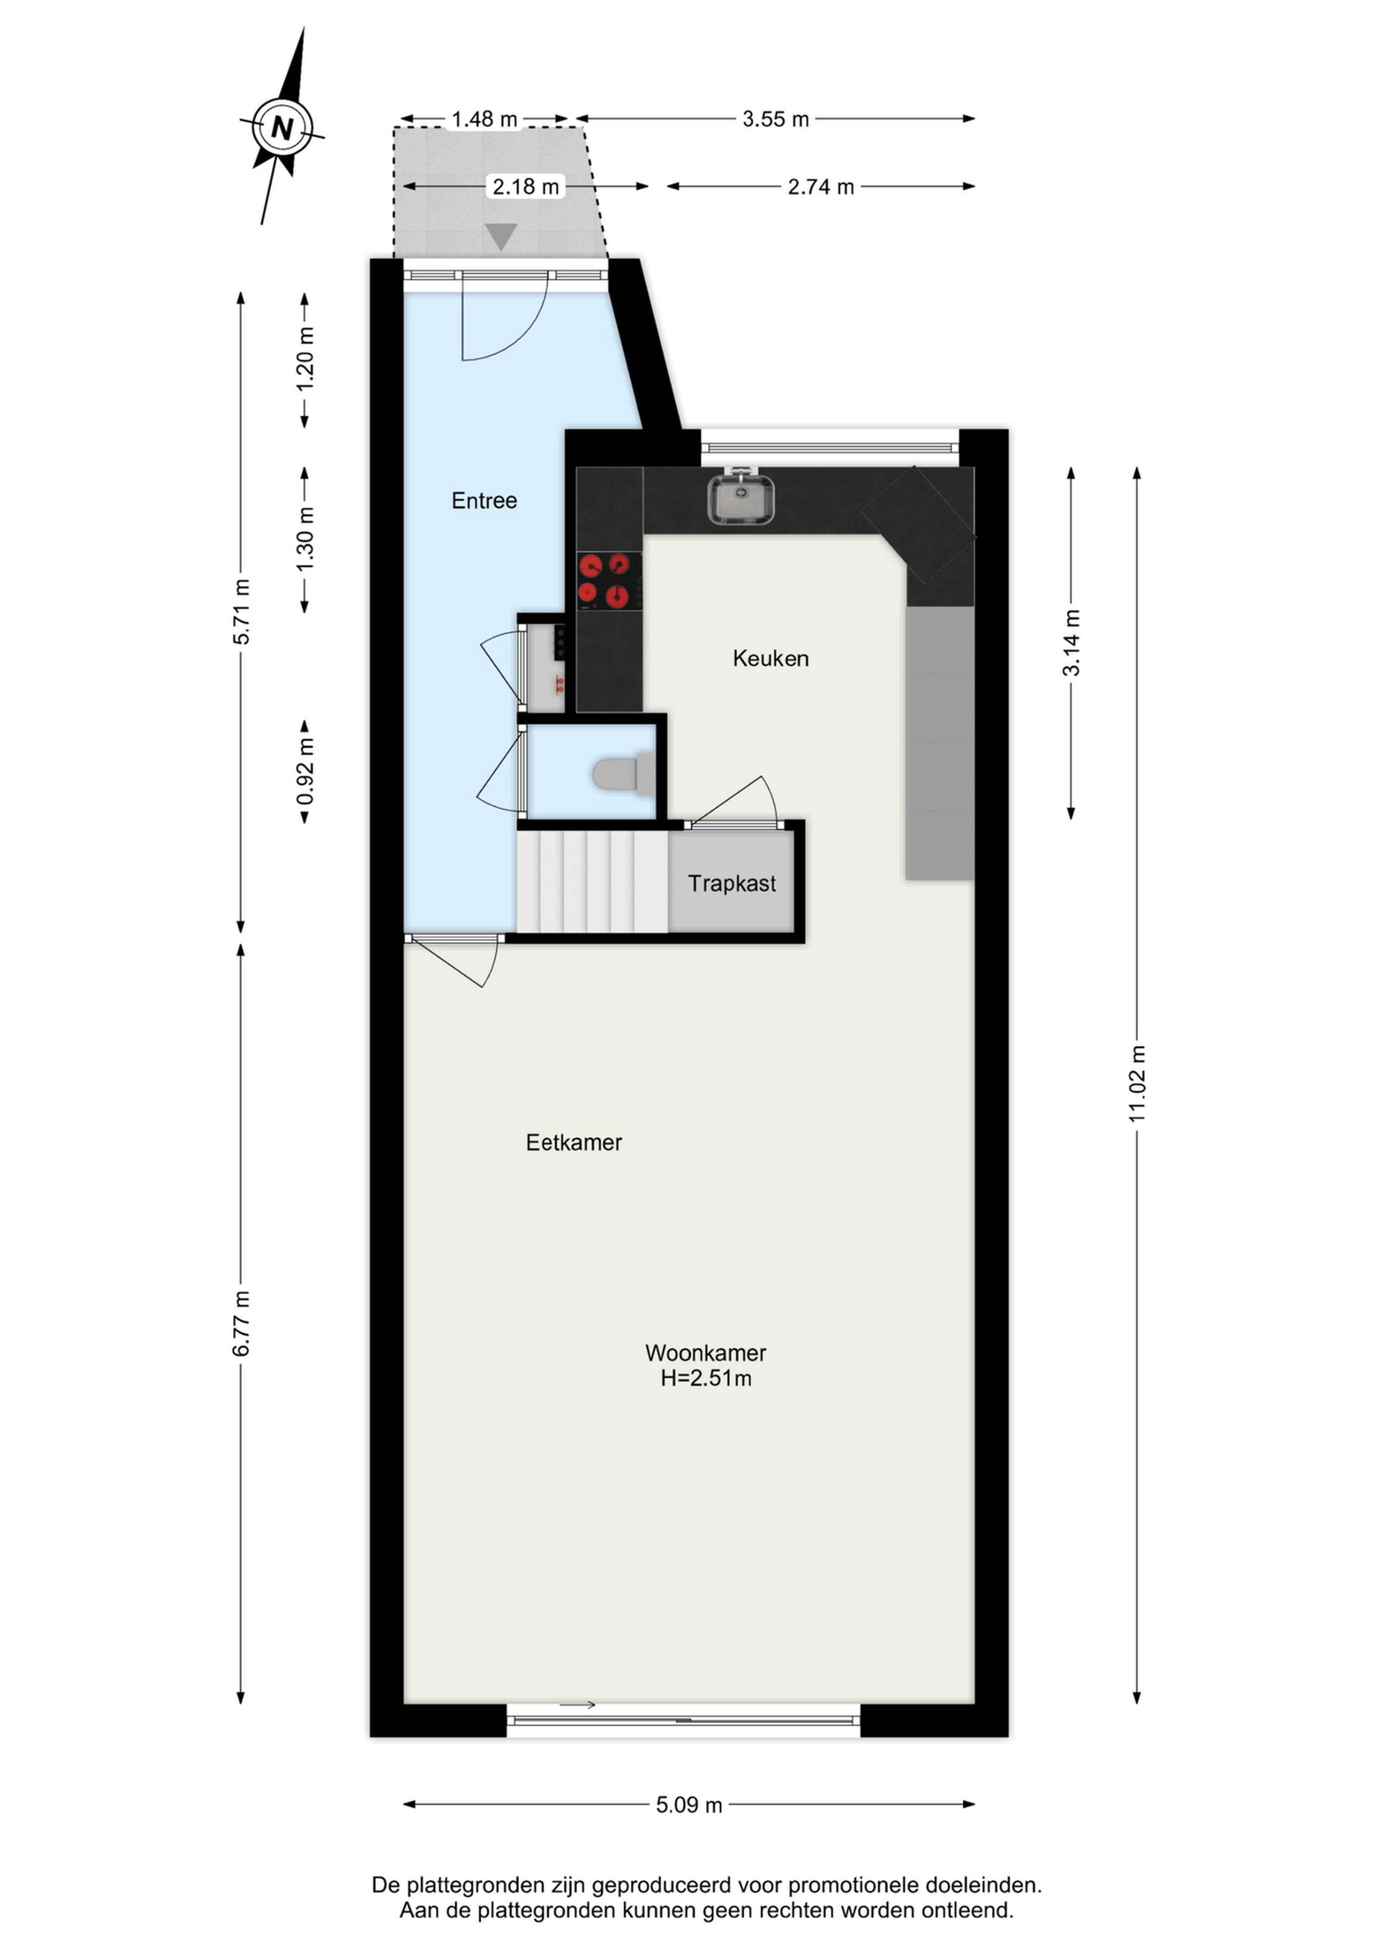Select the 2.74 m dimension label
821,187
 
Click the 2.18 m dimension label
526,187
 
